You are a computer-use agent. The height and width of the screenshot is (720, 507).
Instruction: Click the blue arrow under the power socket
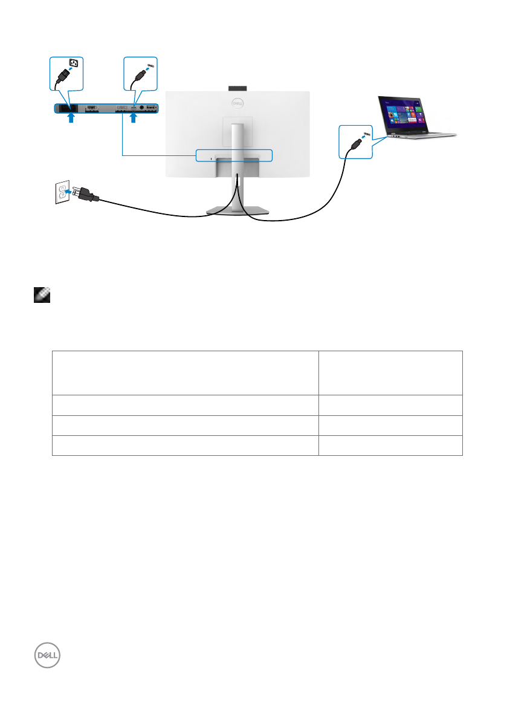tap(71, 119)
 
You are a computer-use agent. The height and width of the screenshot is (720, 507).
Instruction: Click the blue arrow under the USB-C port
tap(134, 119)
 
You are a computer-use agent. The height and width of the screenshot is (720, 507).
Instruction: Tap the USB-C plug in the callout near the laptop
tap(355, 143)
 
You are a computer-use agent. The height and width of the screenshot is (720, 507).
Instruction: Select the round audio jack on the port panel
tap(143, 108)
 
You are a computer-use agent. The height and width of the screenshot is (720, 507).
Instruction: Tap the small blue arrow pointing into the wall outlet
tap(69, 192)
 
